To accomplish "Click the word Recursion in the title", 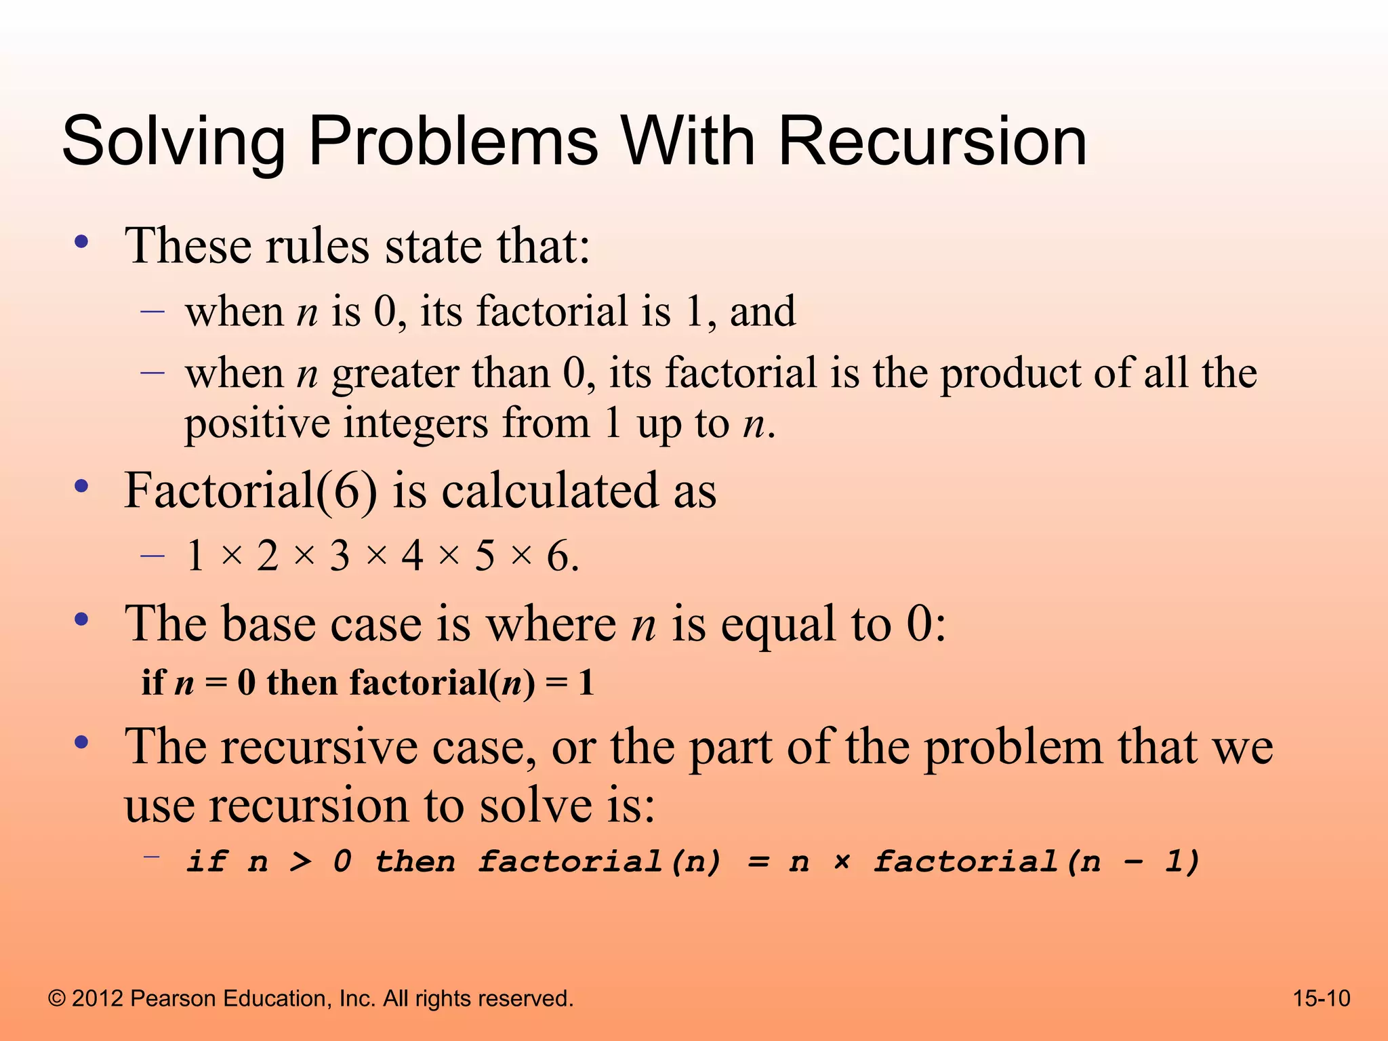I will click(x=932, y=141).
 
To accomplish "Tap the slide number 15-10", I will click(x=1321, y=998).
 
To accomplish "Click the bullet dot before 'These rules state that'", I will click(x=82, y=242).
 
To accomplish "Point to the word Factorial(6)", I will click(x=250, y=490).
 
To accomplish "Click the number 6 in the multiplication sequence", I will click(x=558, y=556).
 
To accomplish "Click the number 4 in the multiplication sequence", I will click(x=412, y=556).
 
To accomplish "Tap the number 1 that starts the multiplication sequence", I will click(x=195, y=556).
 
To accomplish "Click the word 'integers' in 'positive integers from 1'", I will click(x=415, y=424).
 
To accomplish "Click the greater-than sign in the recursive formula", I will click(x=301, y=862).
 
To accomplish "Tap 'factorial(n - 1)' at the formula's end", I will click(x=1036, y=862).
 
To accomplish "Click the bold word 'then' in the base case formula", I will click(x=302, y=682).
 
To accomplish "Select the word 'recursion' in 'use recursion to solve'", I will click(x=309, y=805).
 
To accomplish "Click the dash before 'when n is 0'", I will click(x=152, y=311).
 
